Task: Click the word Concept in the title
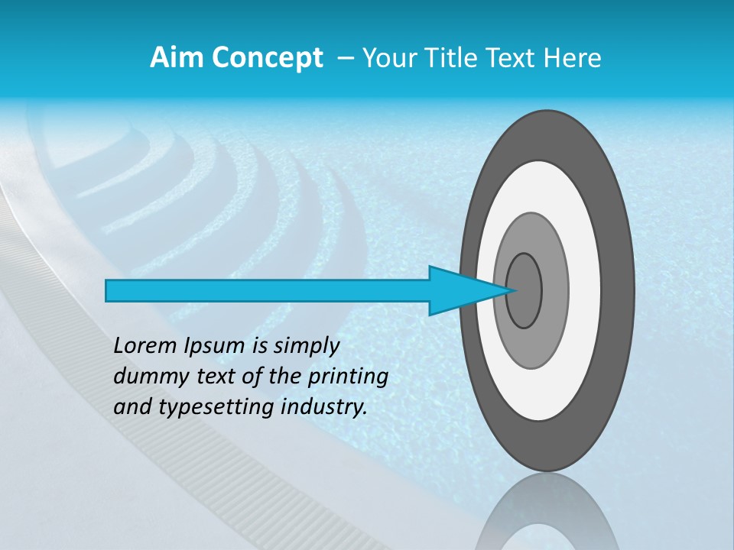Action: [x=267, y=58]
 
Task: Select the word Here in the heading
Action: [x=572, y=58]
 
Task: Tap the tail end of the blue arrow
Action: [x=108, y=290]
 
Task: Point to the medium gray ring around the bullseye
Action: [x=554, y=290]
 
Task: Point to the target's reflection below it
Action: [x=546, y=516]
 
